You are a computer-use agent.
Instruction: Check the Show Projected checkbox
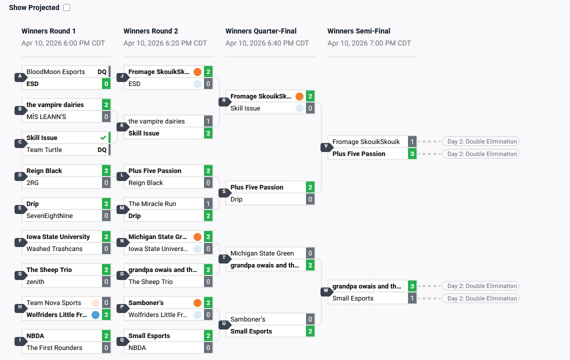67,7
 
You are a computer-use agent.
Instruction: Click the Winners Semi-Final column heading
358,31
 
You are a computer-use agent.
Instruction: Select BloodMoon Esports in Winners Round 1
55,71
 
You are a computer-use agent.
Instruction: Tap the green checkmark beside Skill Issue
103,137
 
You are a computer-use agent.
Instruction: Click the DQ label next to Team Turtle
102,149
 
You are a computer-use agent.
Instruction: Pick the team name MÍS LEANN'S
46,116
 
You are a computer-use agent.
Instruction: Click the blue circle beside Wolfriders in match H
95,314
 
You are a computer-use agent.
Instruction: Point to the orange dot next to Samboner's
197,302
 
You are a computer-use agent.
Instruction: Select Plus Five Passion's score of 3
412,153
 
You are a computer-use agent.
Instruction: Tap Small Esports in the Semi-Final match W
353,298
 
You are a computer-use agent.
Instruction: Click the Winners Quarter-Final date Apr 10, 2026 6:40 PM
267,43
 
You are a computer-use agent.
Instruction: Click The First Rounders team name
54,347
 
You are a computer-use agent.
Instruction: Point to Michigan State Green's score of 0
310,253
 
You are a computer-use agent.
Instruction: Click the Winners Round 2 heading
150,31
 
